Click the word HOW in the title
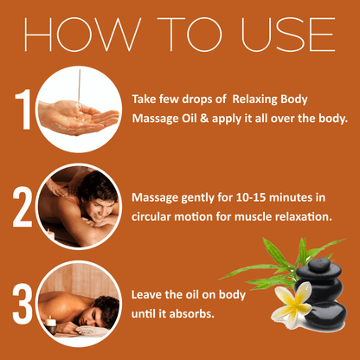(x=81, y=35)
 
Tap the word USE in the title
(x=288, y=35)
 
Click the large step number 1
(x=23, y=109)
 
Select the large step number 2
(x=22, y=207)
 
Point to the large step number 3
(x=22, y=304)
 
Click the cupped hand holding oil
(x=79, y=117)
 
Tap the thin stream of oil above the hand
(x=79, y=87)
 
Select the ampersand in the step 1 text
(x=204, y=119)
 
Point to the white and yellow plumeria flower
(x=292, y=305)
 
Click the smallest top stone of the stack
(x=319, y=265)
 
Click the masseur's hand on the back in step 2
(x=56, y=188)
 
